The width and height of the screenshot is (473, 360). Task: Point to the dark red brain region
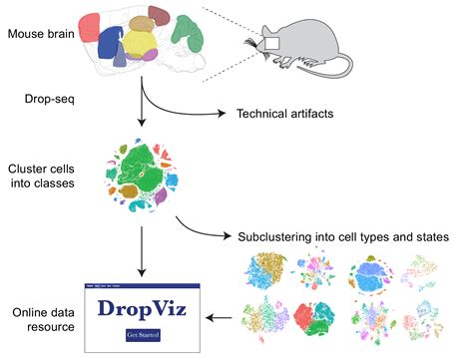click(x=159, y=16)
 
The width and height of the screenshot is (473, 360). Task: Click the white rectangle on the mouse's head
click(x=266, y=43)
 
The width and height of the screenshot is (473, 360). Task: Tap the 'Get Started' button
click(x=142, y=335)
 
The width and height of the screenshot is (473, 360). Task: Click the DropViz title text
click(x=142, y=309)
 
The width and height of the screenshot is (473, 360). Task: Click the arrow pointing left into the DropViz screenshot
click(x=222, y=318)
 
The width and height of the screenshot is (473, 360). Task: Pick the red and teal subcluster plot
click(x=321, y=320)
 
